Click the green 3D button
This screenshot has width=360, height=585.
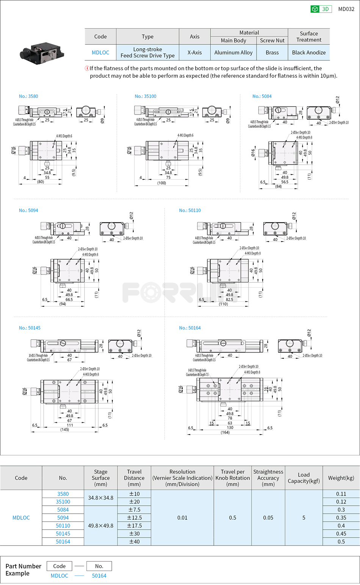click(321, 9)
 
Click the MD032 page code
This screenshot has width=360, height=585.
click(346, 9)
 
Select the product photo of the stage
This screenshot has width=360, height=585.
click(42, 52)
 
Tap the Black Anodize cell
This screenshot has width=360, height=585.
click(308, 53)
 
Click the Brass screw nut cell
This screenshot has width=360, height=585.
click(272, 53)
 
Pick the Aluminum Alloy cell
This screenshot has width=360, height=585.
click(233, 53)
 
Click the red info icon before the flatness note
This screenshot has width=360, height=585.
click(87, 68)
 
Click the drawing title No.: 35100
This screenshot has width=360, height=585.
click(146, 96)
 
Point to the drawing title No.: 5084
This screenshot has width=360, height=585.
click(262, 96)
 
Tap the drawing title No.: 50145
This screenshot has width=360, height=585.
click(30, 328)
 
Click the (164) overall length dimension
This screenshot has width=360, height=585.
click(225, 432)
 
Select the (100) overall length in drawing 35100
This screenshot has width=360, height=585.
click(162, 183)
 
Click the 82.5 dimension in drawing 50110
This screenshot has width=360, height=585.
click(229, 300)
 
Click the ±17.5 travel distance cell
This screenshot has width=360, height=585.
click(134, 525)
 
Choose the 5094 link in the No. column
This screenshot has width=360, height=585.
click(63, 518)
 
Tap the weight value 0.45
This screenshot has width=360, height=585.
click(341, 534)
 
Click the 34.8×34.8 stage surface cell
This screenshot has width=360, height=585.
click(100, 498)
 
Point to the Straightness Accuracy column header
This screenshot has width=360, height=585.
click(268, 478)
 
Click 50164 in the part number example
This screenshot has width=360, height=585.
click(99, 576)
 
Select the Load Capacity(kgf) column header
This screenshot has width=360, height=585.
click(304, 478)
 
